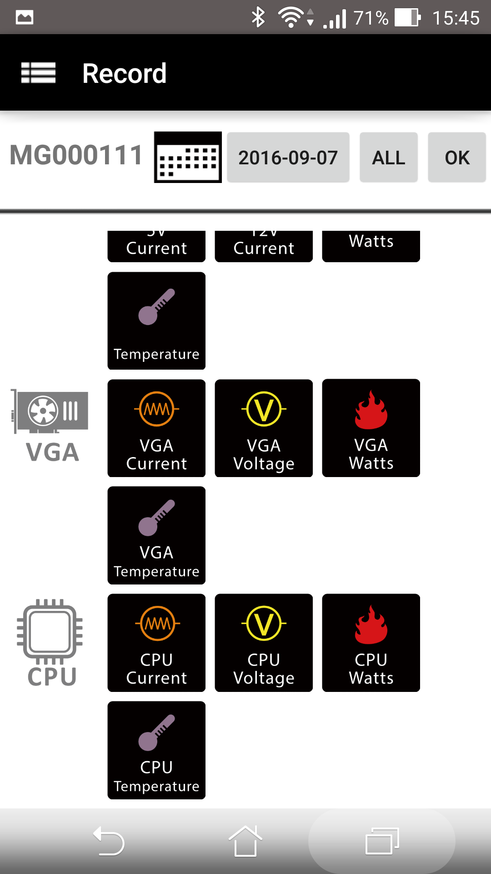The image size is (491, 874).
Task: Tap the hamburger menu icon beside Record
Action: [x=38, y=73]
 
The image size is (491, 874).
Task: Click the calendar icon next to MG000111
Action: [x=188, y=158]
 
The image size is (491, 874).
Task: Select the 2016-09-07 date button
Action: [x=288, y=158]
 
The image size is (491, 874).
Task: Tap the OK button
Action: [x=456, y=158]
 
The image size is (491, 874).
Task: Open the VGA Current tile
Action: [x=156, y=428]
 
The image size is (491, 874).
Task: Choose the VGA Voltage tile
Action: [x=264, y=428]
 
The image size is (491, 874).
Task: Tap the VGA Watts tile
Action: [x=371, y=428]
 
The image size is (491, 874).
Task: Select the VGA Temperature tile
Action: [x=156, y=535]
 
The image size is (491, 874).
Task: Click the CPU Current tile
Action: [x=156, y=643]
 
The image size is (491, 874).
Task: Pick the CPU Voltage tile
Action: [x=264, y=643]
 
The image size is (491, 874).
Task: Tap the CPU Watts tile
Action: [x=371, y=643]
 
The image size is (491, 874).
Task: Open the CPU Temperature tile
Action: [x=156, y=750]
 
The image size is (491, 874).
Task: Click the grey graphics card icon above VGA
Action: [x=51, y=411]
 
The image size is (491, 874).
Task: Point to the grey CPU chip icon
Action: [x=50, y=630]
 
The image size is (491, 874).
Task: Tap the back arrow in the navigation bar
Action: [x=109, y=841]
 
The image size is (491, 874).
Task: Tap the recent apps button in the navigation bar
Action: [x=382, y=841]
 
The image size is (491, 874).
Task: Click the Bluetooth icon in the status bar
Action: [x=258, y=18]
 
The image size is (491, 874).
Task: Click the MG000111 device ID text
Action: [x=76, y=155]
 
